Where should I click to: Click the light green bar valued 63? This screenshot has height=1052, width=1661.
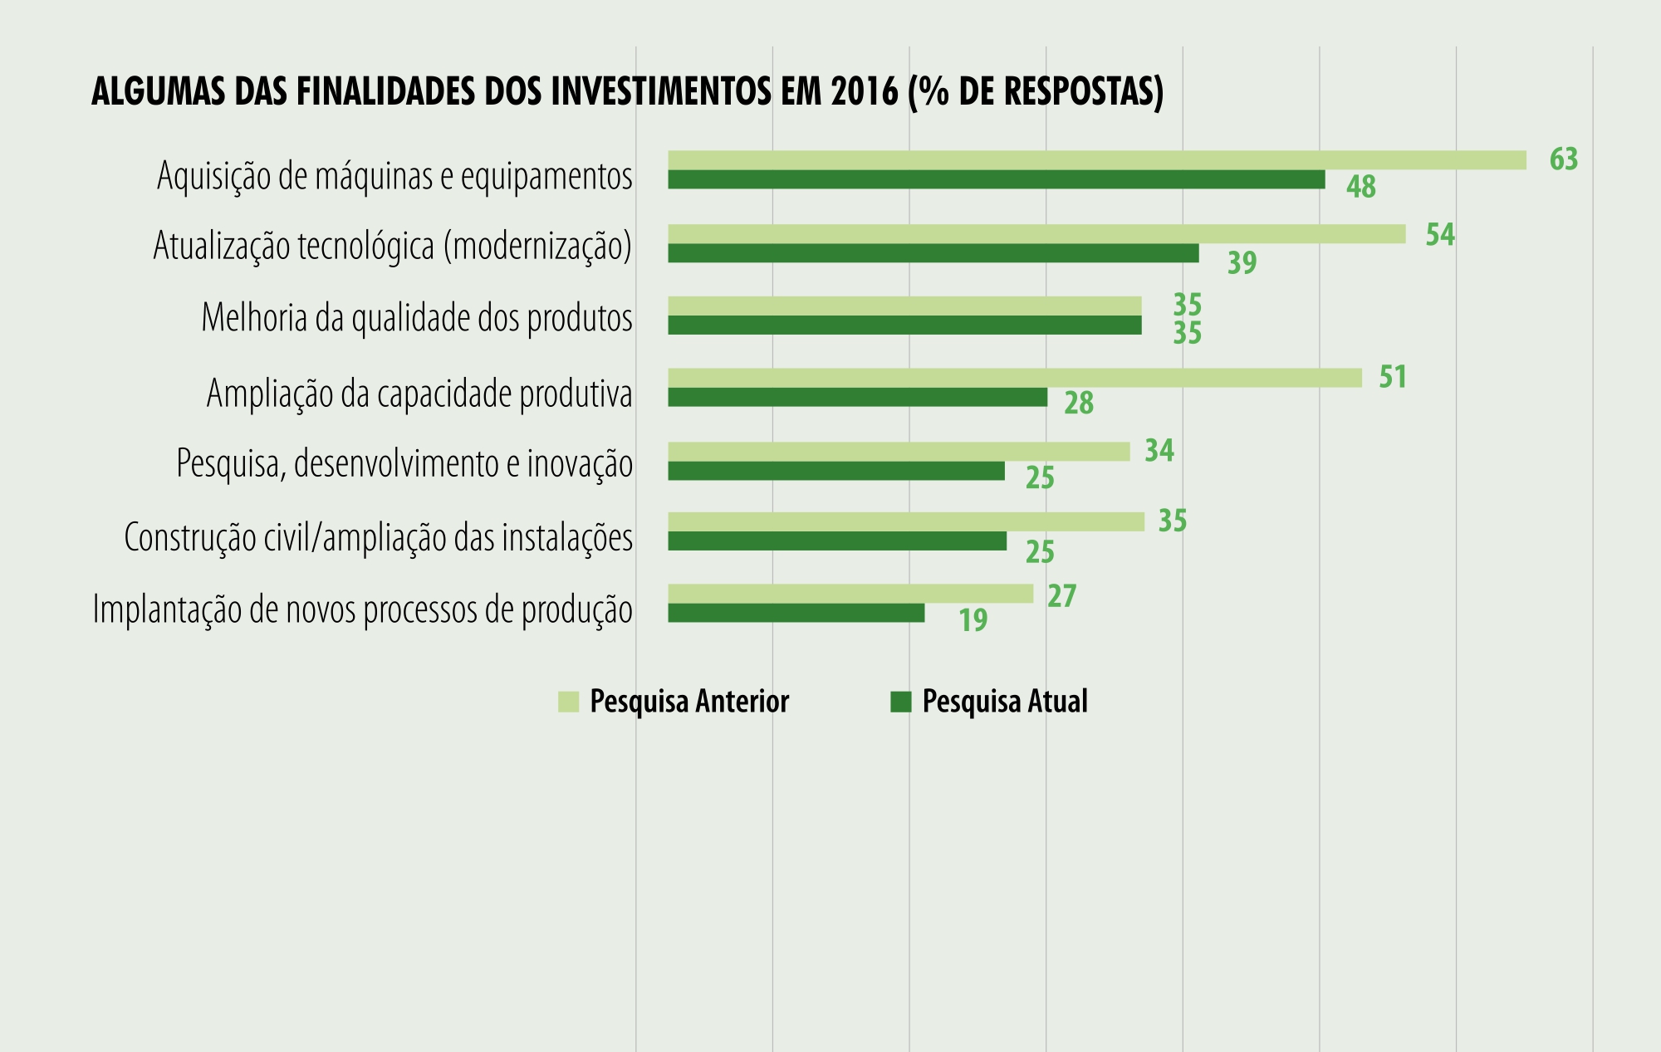coord(1096,160)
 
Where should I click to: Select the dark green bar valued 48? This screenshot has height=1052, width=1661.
coord(997,179)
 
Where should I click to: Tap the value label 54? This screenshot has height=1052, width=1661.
coord(1440,235)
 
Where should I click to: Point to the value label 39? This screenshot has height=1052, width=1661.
coord(1242,263)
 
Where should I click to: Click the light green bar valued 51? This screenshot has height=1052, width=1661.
coord(1015,378)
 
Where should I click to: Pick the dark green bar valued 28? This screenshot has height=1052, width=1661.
coord(858,398)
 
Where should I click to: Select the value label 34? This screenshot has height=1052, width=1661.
coord(1159,451)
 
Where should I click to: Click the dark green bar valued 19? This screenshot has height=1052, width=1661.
coord(796,613)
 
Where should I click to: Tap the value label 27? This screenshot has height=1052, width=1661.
coord(1061,596)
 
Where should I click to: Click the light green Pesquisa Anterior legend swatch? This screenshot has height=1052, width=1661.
coord(568,702)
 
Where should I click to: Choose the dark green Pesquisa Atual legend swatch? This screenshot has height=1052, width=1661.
coord(900,702)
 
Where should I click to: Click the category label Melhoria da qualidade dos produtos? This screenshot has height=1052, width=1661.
coord(417,318)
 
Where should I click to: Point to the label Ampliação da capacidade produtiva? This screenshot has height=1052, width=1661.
coord(419,394)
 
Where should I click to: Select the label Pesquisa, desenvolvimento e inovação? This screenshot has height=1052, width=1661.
coord(404,463)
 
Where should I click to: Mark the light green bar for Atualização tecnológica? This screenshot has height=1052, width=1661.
coord(1036,234)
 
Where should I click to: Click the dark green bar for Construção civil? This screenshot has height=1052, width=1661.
coord(837,541)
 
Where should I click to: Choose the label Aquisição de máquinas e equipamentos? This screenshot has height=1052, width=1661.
coord(394,176)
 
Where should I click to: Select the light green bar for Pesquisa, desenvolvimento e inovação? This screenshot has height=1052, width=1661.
coord(899,452)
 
